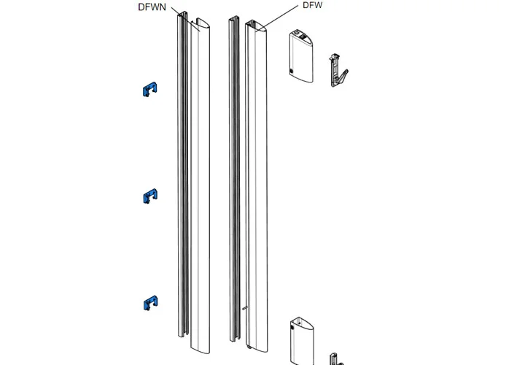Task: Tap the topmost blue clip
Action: [149, 90]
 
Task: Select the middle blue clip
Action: [149, 195]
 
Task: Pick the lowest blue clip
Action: [150, 301]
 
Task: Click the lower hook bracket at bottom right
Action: [336, 357]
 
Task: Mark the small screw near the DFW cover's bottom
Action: [244, 308]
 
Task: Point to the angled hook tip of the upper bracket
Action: [346, 72]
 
